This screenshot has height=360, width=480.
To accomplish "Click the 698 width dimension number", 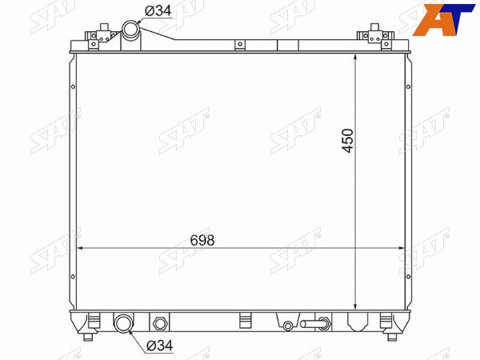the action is (x=202, y=240).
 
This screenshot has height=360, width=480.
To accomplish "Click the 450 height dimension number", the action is (x=348, y=141).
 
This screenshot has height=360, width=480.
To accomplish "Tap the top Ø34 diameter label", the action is (x=158, y=11).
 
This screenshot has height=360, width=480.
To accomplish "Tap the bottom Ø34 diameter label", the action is (x=160, y=346).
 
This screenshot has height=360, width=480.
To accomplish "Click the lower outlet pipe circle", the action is (x=123, y=323).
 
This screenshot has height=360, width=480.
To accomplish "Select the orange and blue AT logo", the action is (x=443, y=20).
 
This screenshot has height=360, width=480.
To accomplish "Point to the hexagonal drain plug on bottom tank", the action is (x=159, y=323).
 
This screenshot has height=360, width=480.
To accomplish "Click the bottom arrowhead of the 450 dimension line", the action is (x=354, y=306).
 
